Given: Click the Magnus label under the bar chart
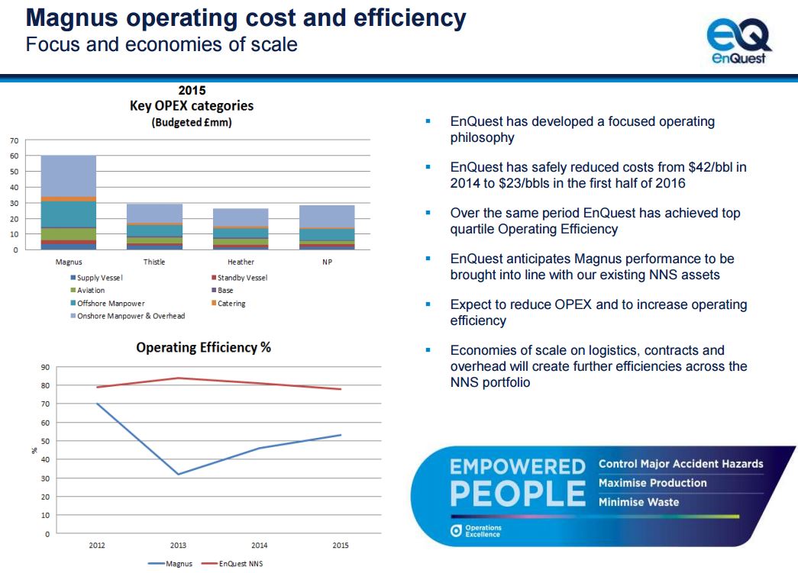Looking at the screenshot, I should [x=69, y=262].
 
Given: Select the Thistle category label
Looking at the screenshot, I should [x=154, y=262].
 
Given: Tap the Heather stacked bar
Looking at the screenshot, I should [x=241, y=229].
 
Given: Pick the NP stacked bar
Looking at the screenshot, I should [x=327, y=227].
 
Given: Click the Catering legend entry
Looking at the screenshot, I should [x=231, y=304].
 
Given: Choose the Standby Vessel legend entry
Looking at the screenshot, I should [x=241, y=278].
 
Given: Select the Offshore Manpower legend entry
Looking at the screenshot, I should [x=110, y=304].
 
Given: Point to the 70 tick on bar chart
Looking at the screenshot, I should [x=14, y=141].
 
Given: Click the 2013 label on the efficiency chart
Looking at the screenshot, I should [x=179, y=546].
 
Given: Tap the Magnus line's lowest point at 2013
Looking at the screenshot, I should [x=179, y=475].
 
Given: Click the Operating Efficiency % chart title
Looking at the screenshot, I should [x=203, y=348].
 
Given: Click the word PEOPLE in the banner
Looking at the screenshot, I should [x=518, y=494].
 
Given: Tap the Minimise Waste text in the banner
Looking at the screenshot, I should [x=638, y=502].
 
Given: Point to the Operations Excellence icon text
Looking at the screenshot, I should [x=483, y=531].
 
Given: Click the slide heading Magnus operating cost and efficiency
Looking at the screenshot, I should [x=246, y=17].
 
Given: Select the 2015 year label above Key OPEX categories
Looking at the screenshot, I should [x=192, y=91].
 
